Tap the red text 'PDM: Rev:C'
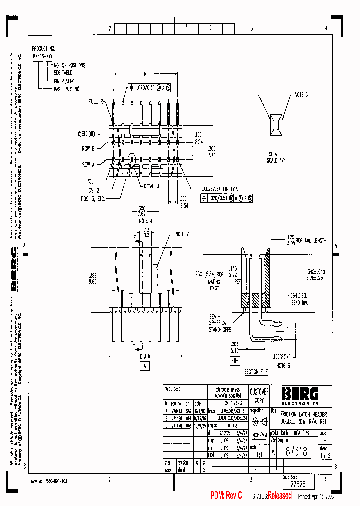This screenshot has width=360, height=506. (x=226, y=495)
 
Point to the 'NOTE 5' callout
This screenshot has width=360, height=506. (x=301, y=94)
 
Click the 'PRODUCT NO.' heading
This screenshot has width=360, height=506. (x=43, y=49)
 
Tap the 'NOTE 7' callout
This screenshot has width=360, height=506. (x=182, y=234)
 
